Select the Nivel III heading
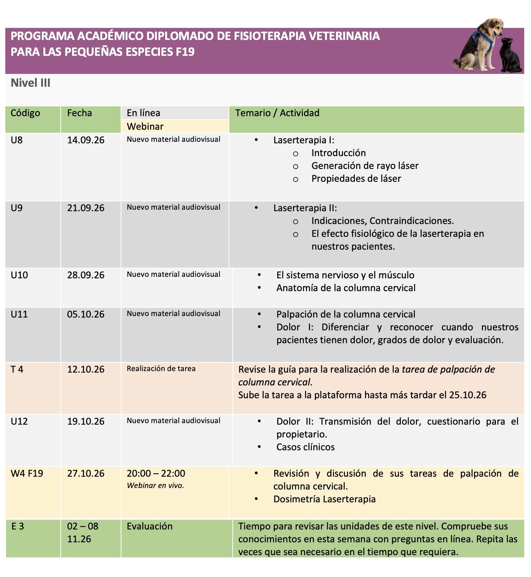31,83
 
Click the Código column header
25,113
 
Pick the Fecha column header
80,113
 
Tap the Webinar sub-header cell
145,126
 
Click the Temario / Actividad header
277,113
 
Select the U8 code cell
17,140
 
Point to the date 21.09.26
86,208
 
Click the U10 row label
19,275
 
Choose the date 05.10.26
86,314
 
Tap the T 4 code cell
17,369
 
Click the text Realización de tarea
161,368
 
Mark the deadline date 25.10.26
468,395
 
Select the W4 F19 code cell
27,473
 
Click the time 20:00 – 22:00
156,473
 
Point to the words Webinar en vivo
155,485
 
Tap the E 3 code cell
18,526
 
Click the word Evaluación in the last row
149,526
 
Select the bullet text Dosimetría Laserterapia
324,499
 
